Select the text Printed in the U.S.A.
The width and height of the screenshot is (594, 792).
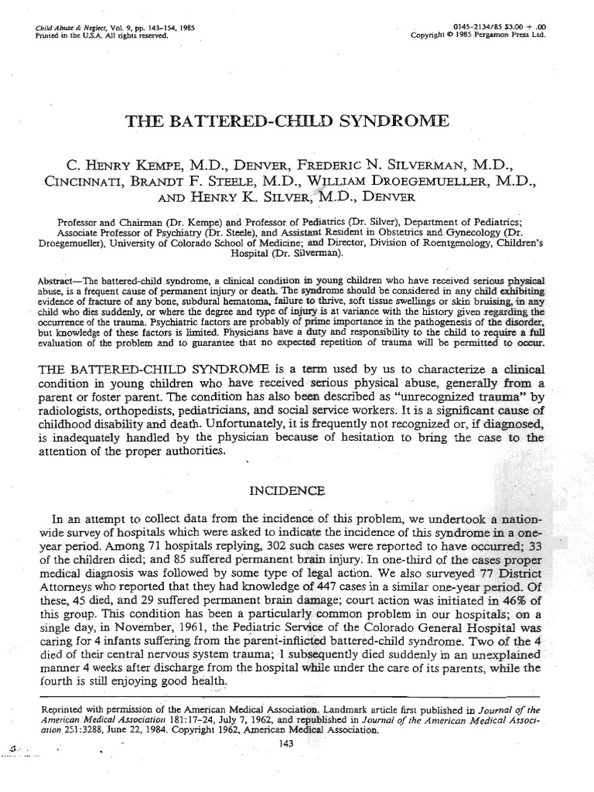tap(68, 36)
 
